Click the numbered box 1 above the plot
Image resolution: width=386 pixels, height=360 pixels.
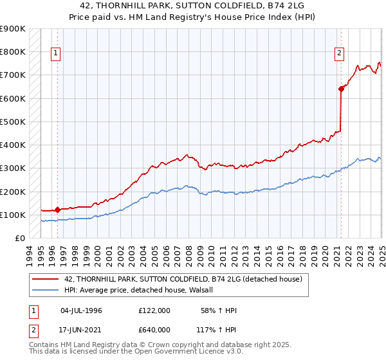pyautogui.click(x=56, y=53)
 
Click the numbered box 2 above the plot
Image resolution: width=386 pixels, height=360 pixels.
pyautogui.click(x=339, y=53)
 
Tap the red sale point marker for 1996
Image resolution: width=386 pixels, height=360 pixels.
pyautogui.click(x=57, y=210)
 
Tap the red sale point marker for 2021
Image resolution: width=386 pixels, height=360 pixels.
pyautogui.click(x=341, y=89)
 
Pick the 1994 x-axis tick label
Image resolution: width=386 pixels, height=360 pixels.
pyautogui.click(x=29, y=254)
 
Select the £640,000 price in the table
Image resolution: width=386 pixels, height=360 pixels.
pyautogui.click(x=154, y=329)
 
